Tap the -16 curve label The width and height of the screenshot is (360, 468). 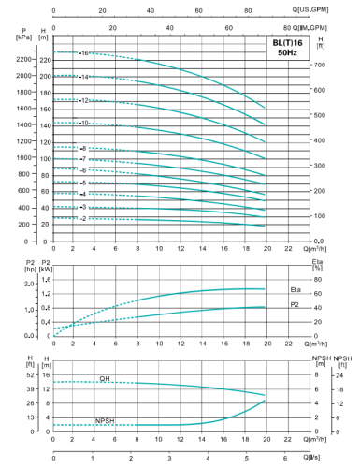click(84, 53)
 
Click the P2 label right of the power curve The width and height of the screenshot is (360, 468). click(295, 305)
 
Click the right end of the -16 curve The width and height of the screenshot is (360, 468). click(266, 109)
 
